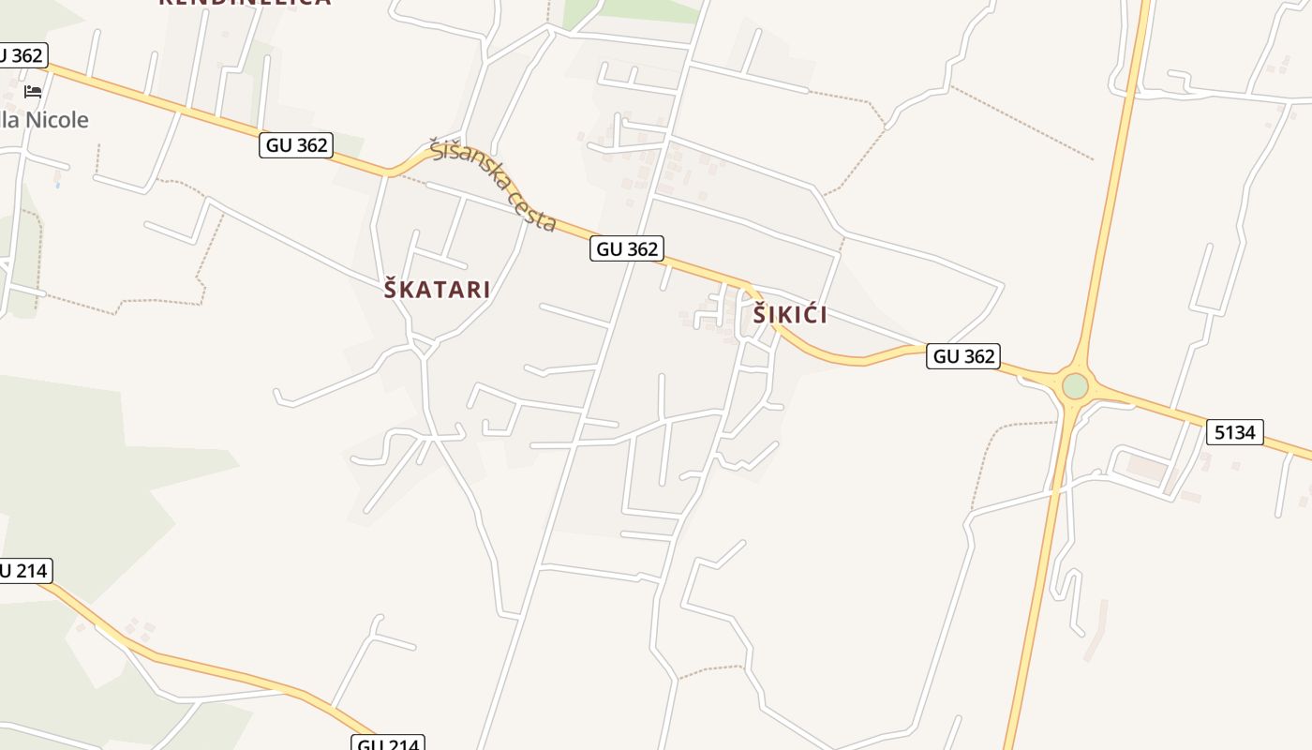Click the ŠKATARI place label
(437, 289)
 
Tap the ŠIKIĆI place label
(790, 315)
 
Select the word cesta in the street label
(533, 210)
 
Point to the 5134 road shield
(1235, 432)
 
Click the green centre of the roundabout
(1075, 385)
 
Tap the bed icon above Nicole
(33, 92)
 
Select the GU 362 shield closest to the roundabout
(963, 356)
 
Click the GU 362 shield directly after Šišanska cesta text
(627, 248)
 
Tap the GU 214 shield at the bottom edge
(389, 743)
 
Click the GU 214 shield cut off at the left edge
(22, 570)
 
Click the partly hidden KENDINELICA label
(244, 3)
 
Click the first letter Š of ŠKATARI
(392, 289)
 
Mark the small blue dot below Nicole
(57, 185)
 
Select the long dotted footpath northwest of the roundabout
(1021, 123)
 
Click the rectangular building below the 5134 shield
(1147, 467)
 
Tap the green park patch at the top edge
(647, 9)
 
